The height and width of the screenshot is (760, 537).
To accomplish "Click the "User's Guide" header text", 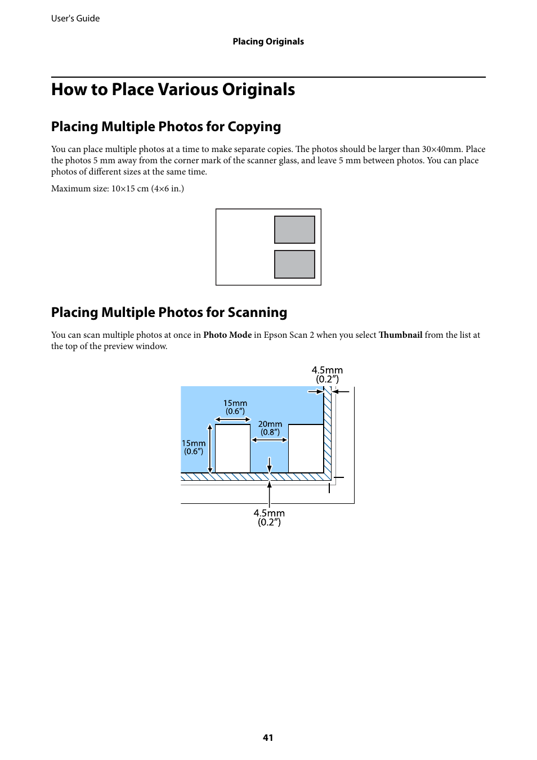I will (x=75, y=19).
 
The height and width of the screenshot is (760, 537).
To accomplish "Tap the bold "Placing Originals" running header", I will (x=268, y=42).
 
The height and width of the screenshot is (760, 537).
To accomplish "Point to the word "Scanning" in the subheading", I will (x=257, y=312).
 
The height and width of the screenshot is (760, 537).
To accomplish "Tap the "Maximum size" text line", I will (x=117, y=189).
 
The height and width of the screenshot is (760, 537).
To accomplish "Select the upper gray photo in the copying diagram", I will (x=294, y=230).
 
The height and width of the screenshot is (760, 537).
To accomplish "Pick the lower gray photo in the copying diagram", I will (x=294, y=264).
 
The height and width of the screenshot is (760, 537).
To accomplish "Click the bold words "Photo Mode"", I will (x=227, y=335).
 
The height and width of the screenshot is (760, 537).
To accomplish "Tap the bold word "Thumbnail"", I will (x=400, y=335).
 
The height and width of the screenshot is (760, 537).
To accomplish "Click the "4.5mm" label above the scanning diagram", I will (x=327, y=370).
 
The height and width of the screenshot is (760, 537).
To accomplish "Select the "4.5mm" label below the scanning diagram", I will (x=269, y=513).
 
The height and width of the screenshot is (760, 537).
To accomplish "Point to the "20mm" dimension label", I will (x=270, y=424).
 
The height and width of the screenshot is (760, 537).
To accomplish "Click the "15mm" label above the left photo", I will (x=235, y=403).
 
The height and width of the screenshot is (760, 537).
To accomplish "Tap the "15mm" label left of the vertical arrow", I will (x=193, y=444).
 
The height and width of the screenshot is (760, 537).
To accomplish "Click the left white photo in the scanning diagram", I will (x=232, y=449).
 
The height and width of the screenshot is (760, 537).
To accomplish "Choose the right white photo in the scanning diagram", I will (x=306, y=449).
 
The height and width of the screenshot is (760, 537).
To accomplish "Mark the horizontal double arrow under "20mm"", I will (x=270, y=440).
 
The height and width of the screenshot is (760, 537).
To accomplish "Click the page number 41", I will (x=268, y=737).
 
